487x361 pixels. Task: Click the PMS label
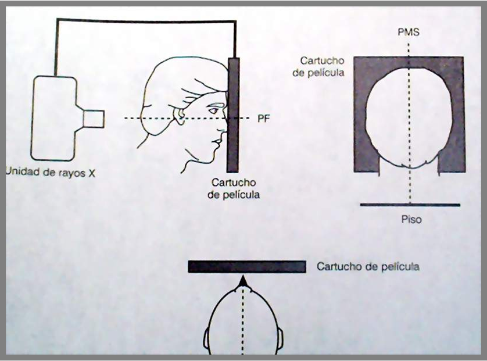[x=409, y=33]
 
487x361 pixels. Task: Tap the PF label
[x=263, y=119]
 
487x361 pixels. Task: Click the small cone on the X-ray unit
[x=94, y=118]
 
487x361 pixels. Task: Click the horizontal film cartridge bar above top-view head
[x=247, y=267]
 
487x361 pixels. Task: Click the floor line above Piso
[x=410, y=205]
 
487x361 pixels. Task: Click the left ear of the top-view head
[x=207, y=338]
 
